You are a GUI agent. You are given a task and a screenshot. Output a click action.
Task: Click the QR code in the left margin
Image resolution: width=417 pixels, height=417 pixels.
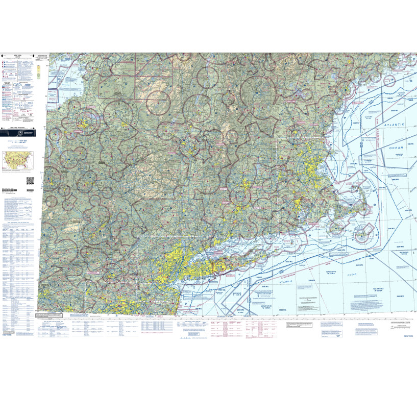pyautogui.click(x=30, y=180)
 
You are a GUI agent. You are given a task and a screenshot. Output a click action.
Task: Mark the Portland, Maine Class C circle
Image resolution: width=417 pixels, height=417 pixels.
pyautogui.click(x=346, y=90)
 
